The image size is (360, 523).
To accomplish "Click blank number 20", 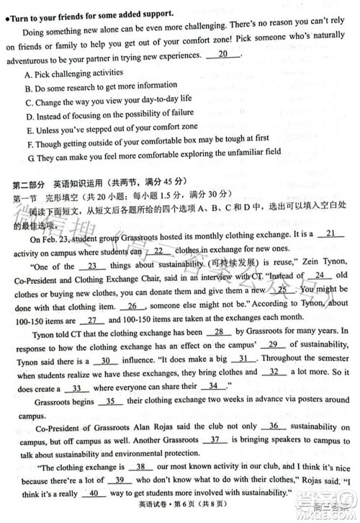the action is (x=223, y=55).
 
